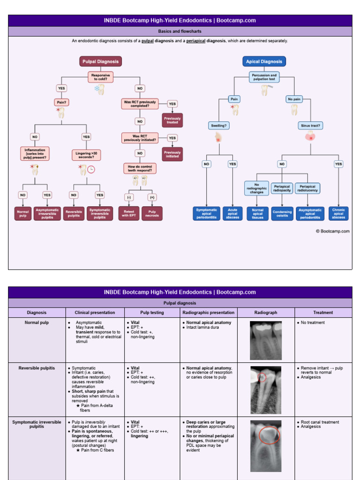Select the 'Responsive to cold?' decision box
pyautogui.click(x=101, y=77)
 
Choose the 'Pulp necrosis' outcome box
pyautogui.click(x=152, y=213)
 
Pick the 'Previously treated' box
pyautogui.click(x=172, y=120)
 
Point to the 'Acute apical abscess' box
pyautogui.click(x=232, y=214)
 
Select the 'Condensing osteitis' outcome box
pyautogui.click(x=282, y=214)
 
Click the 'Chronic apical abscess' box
pyautogui.click(x=338, y=213)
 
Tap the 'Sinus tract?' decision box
pyautogui.click(x=310, y=126)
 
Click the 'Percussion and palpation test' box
pyautogui.click(x=264, y=77)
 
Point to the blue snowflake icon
pyautogui.click(x=97, y=88)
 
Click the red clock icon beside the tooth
pyautogui.click(x=91, y=169)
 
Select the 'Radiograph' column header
pyautogui.click(x=266, y=313)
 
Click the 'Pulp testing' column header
pyautogui.click(x=152, y=313)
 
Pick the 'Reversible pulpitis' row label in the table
pyautogui.click(x=37, y=368)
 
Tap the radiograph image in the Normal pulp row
pyautogui.click(x=266, y=340)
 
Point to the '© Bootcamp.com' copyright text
pyautogui.click(x=332, y=231)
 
